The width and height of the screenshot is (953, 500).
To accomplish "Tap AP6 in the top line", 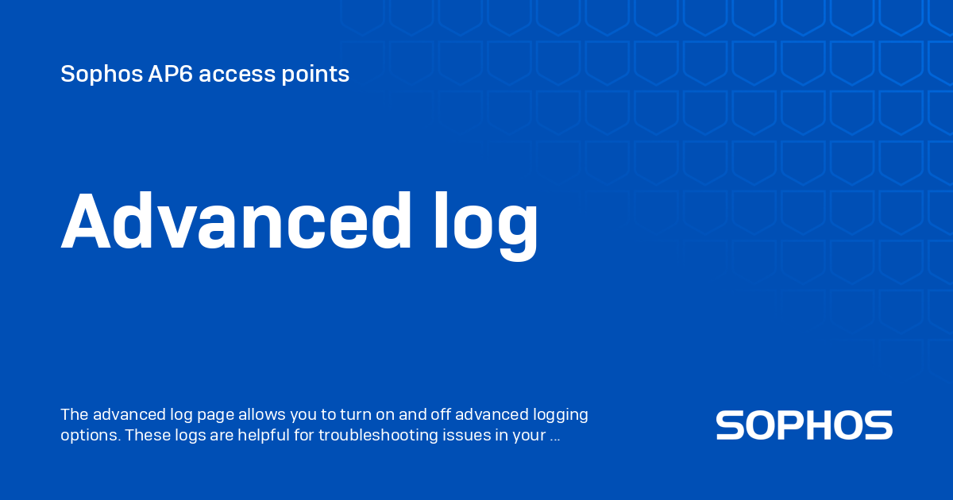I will pyautogui.click(x=170, y=75).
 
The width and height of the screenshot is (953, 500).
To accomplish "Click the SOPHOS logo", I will pyautogui.click(x=804, y=425).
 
